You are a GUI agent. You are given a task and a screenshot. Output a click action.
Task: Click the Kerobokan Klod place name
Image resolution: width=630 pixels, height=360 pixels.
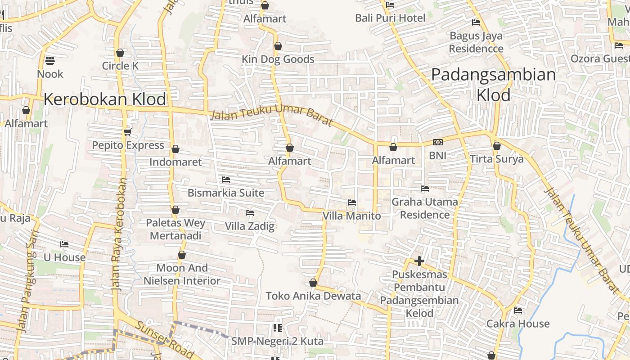tap(105, 99)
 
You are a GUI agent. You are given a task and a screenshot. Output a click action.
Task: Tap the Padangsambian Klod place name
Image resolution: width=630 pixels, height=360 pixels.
tap(494, 85)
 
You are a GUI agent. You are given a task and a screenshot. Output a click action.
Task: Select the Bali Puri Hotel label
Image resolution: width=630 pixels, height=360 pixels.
tap(390, 18)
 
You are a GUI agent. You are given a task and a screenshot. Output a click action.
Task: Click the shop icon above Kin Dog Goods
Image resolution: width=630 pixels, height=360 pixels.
tap(278, 46)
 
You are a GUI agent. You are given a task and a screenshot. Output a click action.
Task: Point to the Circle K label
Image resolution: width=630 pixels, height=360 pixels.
tap(120, 66)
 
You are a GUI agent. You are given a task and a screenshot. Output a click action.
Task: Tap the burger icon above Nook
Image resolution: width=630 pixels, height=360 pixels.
tap(50, 61)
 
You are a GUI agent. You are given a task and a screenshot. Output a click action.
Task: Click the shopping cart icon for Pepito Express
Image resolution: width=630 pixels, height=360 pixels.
tap(128, 132)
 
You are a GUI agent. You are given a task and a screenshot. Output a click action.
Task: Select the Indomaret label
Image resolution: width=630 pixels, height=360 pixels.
tap(175, 162)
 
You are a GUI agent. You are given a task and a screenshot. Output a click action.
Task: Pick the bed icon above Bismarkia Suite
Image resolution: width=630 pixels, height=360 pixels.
tap(226, 180)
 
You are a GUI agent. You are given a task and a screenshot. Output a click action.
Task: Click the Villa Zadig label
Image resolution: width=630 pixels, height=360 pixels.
tap(250, 226)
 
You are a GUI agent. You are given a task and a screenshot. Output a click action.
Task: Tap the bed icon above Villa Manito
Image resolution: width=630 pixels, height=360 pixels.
tap(352, 202)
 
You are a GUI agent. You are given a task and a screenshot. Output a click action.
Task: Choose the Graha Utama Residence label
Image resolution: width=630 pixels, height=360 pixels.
tap(425, 208)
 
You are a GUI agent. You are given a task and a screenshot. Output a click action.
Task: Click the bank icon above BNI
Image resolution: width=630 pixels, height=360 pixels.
tap(437, 143)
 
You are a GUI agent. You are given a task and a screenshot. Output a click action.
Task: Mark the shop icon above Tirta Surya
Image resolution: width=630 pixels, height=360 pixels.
tap(497, 146)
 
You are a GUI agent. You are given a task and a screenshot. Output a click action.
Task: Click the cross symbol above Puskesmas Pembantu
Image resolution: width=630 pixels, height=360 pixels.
tap(419, 261)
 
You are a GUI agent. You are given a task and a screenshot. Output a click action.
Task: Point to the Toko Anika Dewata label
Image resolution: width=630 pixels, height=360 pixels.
tap(313, 296)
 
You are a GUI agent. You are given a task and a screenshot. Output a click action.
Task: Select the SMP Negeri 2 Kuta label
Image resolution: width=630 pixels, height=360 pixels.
tap(277, 341)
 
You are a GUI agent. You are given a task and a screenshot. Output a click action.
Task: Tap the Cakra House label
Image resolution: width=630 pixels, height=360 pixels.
tap(518, 324)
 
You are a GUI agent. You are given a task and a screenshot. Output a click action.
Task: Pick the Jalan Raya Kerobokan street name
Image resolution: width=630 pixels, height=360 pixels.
tap(119, 234)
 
